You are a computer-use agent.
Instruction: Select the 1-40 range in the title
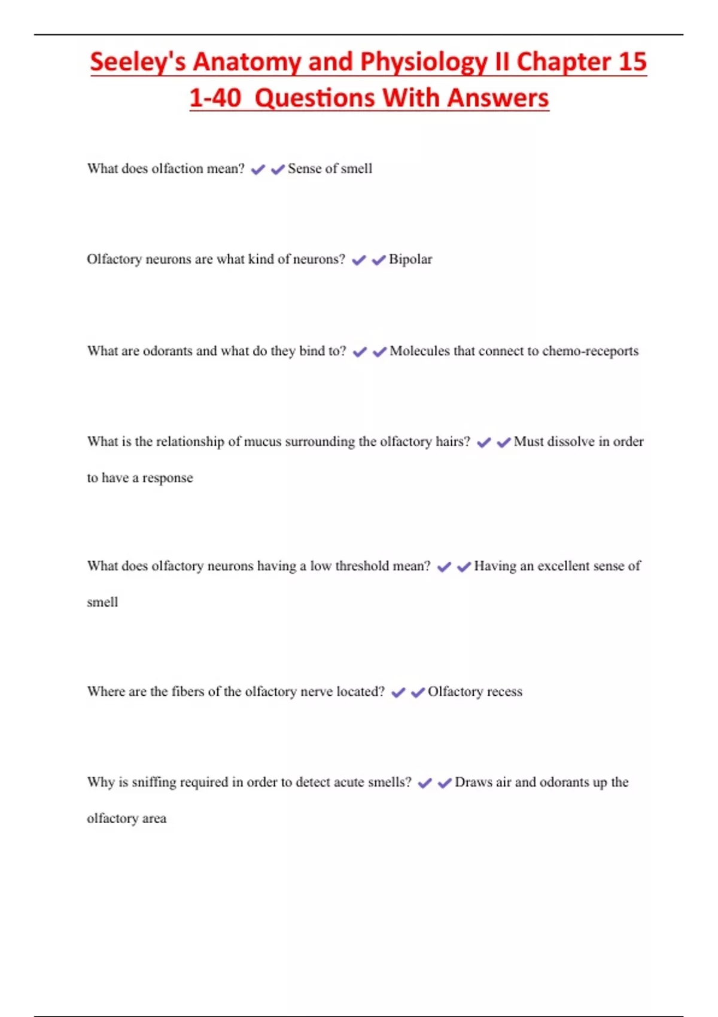tap(215, 98)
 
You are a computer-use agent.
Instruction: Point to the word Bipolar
tap(410, 260)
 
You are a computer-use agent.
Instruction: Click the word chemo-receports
tap(590, 351)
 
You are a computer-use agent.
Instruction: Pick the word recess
tap(504, 692)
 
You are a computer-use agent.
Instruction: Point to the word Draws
tap(472, 782)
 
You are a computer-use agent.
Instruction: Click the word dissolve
tap(571, 442)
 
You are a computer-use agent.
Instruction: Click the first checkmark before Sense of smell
tap(258, 170)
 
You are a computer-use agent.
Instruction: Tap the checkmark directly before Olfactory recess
tap(418, 693)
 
